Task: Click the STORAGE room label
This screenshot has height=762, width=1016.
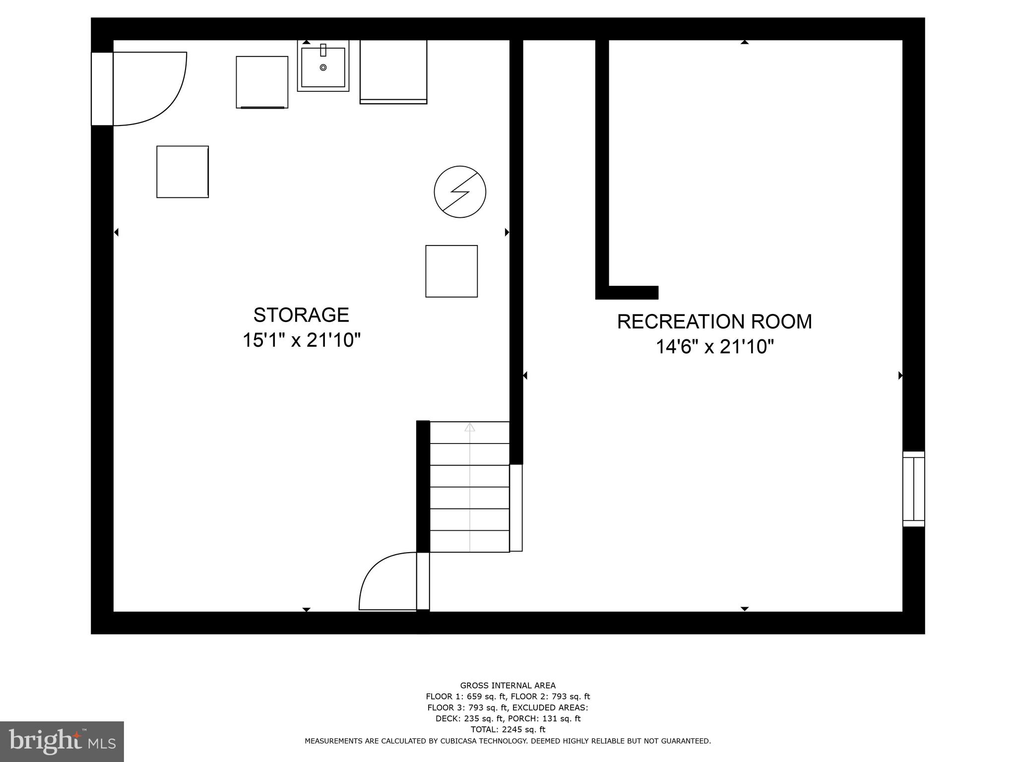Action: coord(301,315)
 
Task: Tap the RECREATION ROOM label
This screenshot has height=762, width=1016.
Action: coord(714,321)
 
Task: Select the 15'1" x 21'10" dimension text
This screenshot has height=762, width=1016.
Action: coord(301,340)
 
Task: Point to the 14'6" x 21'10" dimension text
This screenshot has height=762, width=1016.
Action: coord(714,347)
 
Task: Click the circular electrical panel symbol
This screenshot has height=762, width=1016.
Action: coord(460,191)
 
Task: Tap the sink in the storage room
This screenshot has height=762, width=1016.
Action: coord(323,67)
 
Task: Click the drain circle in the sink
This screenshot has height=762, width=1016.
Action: coord(323,67)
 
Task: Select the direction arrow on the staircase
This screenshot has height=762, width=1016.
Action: coord(469,427)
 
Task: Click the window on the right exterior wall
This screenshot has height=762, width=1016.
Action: coord(913,489)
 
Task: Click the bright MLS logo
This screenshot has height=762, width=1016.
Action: coord(62,741)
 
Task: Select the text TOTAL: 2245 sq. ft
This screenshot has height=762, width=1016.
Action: coord(508,729)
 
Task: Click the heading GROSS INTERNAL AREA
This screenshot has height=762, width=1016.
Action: coord(508,686)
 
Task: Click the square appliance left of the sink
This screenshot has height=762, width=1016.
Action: coord(262,82)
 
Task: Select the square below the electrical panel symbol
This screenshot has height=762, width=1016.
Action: coord(451,271)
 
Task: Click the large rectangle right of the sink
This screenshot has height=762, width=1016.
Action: coord(393,71)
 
